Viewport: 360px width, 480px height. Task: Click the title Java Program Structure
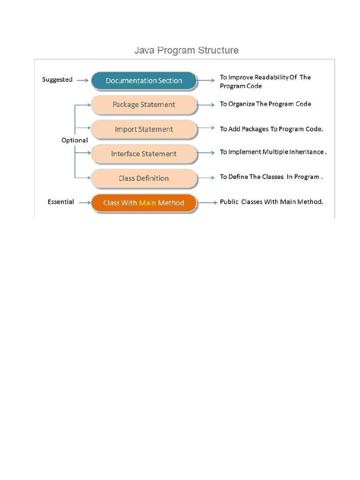[x=186, y=50]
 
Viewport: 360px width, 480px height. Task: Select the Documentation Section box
[x=143, y=81]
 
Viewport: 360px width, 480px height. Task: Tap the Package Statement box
[x=143, y=105]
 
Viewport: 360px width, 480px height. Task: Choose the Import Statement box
[x=143, y=129]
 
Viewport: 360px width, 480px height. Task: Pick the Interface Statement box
[x=143, y=154]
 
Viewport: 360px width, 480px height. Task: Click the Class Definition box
[x=143, y=178]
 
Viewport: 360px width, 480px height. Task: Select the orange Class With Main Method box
[x=143, y=203]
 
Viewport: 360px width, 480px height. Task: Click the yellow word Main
[x=147, y=203]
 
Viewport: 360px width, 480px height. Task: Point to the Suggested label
[x=57, y=80]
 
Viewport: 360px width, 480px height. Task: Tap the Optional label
[x=75, y=140]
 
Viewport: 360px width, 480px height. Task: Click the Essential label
[x=60, y=202]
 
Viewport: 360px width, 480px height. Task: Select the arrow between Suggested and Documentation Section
[x=82, y=81]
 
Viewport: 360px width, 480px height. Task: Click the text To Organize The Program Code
[x=265, y=104]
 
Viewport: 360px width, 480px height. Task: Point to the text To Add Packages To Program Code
[x=271, y=128]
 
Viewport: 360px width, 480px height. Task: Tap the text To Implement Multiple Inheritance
[x=273, y=152]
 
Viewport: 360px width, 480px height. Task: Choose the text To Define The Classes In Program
[x=271, y=177]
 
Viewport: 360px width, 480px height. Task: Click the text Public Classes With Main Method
[x=271, y=202]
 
